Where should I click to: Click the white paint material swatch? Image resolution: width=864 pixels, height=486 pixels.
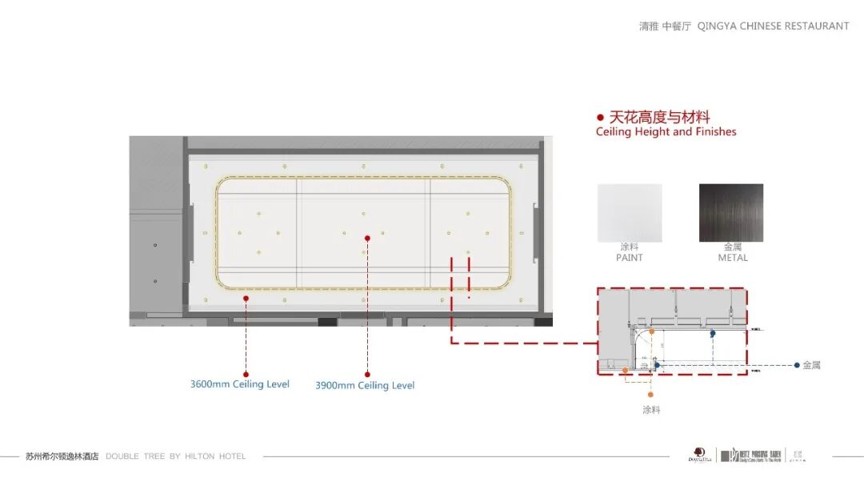click(x=630, y=213)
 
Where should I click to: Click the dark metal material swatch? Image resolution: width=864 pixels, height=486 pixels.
click(x=731, y=213)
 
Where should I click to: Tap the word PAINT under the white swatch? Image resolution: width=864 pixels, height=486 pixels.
click(x=630, y=258)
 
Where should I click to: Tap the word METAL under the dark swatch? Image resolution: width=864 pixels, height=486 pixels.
click(x=733, y=258)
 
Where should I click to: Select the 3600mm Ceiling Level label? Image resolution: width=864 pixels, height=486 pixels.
click(x=240, y=384)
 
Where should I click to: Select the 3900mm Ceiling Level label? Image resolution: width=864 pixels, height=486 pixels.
click(x=365, y=385)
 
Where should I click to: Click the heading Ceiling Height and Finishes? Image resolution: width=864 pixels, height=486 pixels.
click(x=666, y=131)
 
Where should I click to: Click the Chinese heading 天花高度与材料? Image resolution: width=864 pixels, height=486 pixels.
click(x=660, y=118)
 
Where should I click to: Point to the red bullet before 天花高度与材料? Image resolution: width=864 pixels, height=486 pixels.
click(x=600, y=118)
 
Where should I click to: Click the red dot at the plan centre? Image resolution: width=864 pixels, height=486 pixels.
click(x=367, y=238)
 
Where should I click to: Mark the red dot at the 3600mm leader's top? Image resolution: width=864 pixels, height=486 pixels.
click(x=246, y=298)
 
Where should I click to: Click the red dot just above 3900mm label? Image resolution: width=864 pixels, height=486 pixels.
click(x=367, y=374)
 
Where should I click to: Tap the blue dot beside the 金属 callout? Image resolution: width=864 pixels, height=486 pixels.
click(x=797, y=365)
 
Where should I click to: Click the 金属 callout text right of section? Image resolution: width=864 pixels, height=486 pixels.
click(x=811, y=365)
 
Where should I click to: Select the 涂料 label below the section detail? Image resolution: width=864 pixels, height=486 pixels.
click(x=651, y=409)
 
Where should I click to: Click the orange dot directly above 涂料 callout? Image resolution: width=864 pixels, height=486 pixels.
click(x=650, y=394)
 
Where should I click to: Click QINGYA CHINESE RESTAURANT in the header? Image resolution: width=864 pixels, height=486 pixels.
click(x=773, y=26)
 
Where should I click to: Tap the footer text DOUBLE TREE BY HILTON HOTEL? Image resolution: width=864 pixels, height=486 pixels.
click(x=176, y=456)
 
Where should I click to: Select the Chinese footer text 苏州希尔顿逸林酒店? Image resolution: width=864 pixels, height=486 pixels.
click(x=62, y=456)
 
